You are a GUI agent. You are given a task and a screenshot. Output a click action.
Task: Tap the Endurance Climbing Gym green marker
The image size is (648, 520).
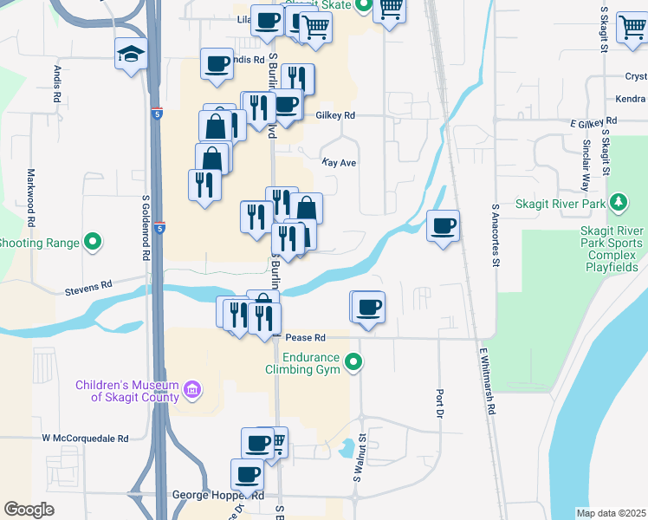[353, 362]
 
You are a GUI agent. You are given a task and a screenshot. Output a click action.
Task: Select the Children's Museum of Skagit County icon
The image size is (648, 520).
[192, 391]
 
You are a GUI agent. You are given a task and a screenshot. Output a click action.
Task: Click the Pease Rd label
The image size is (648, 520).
[305, 337]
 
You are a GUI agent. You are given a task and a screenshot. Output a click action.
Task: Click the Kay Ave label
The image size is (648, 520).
[339, 162]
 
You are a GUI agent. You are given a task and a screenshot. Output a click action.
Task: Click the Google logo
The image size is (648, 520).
[29, 510]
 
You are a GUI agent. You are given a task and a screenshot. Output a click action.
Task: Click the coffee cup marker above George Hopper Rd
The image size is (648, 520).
[248, 475]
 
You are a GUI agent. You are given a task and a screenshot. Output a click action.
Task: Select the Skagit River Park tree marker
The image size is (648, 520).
[618, 204]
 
